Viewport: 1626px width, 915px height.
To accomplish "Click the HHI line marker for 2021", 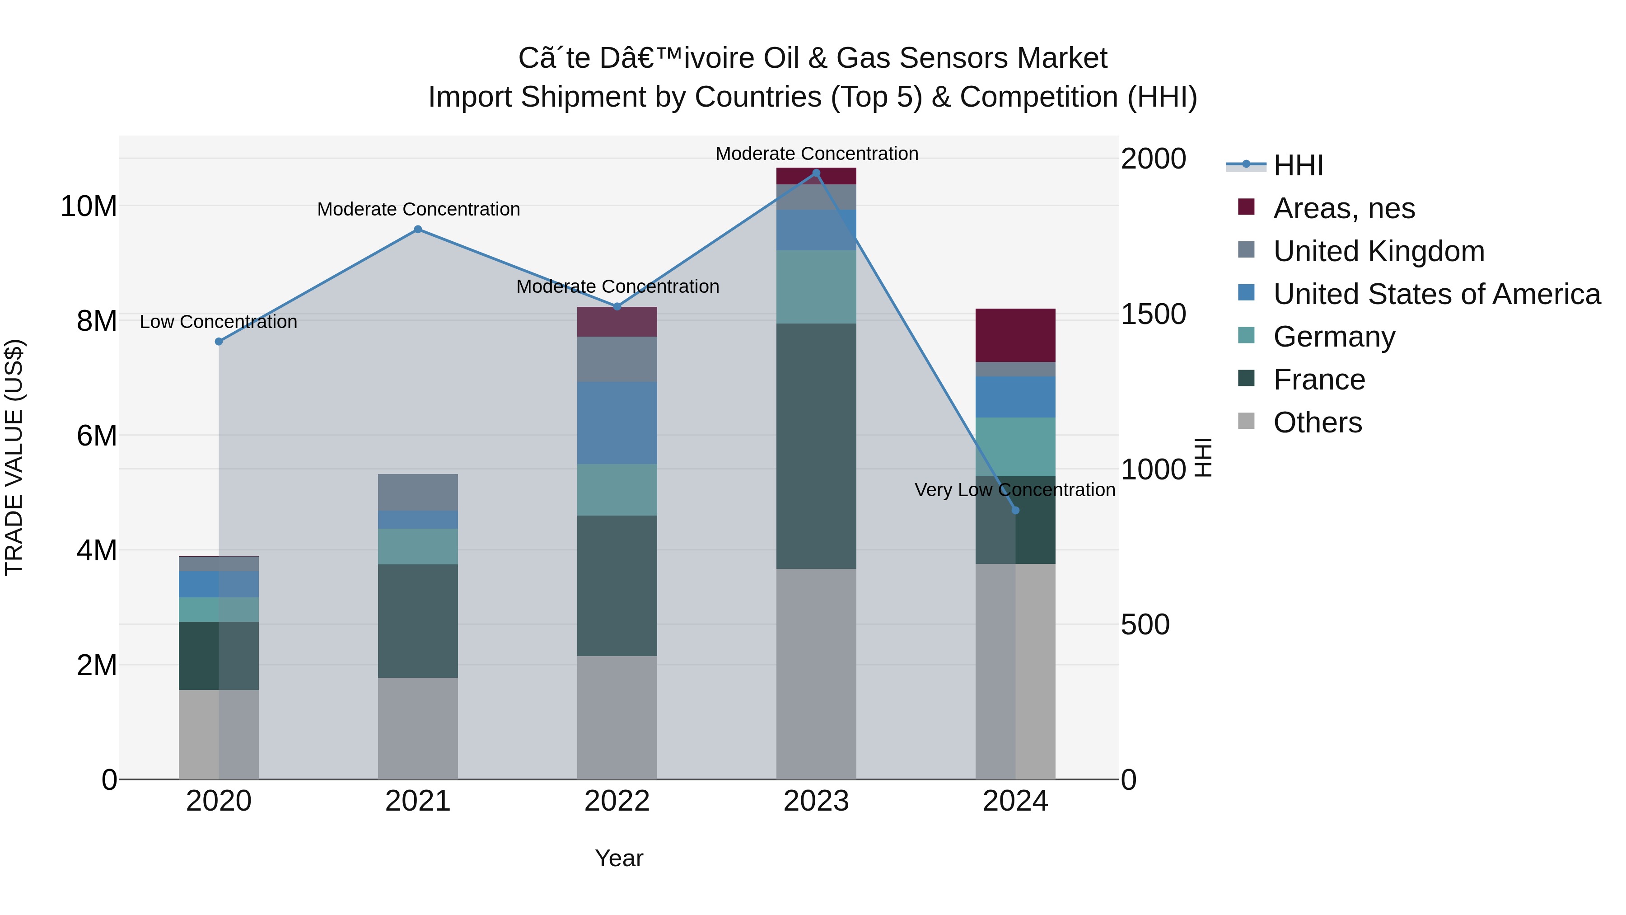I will tap(418, 229).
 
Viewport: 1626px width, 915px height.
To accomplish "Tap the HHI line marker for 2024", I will tap(1015, 510).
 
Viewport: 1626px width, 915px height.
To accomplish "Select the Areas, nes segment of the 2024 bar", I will tap(1015, 335).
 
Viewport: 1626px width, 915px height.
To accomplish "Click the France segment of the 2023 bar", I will tap(816, 446).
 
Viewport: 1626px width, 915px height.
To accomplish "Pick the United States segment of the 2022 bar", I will tap(617, 422).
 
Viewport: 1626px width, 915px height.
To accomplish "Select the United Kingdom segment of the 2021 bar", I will tap(418, 492).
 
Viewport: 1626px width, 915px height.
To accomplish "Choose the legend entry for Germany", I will tap(1333, 337).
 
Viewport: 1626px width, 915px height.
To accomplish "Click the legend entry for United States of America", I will tap(1436, 294).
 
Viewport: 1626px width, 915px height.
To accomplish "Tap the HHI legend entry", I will tap(1297, 165).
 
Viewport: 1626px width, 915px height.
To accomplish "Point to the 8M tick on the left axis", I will tap(96, 321).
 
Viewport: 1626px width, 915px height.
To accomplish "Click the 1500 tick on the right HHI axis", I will tap(1153, 314).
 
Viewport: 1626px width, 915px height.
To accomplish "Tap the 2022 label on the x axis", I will tap(617, 801).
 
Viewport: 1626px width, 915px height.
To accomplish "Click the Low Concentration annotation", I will tap(219, 322).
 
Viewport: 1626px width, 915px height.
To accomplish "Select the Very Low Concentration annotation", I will tap(1014, 490).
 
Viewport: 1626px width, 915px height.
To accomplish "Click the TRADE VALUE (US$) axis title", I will tap(14, 457).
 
